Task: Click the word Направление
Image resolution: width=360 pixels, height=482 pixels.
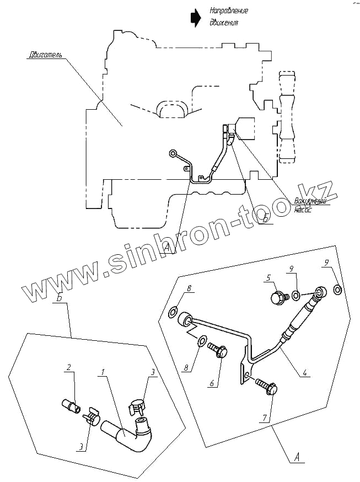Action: pyautogui.click(x=229, y=11)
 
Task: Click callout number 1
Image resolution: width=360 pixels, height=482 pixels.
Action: pyautogui.click(x=102, y=373)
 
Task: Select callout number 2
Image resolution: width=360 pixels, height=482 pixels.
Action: pyautogui.click(x=69, y=367)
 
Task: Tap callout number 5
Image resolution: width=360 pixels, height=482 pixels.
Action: pyautogui.click(x=269, y=278)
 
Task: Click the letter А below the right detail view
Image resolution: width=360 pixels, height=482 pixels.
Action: pyautogui.click(x=298, y=457)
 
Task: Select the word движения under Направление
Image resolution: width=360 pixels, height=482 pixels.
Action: pyautogui.click(x=224, y=23)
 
